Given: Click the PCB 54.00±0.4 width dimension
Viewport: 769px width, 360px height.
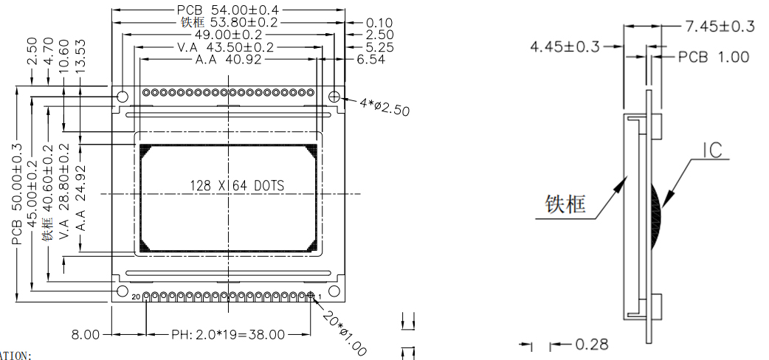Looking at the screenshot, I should click(228, 10).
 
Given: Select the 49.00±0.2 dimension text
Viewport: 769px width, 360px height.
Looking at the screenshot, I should click(228, 34).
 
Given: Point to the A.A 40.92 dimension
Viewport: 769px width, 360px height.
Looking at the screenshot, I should click(228, 60).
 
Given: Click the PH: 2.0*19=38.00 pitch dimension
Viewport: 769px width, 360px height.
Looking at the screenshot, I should click(228, 334).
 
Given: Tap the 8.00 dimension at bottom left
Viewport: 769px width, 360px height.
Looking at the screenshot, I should click(86, 334).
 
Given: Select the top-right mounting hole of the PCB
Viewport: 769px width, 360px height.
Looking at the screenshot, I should click(334, 96).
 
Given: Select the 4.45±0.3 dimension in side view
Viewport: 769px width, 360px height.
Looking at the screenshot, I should click(565, 47).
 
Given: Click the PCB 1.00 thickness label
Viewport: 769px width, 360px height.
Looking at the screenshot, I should click(714, 57).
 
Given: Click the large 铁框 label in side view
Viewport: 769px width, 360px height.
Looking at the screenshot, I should click(566, 204).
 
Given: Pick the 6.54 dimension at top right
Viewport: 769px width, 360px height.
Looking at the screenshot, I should click(370, 60).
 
